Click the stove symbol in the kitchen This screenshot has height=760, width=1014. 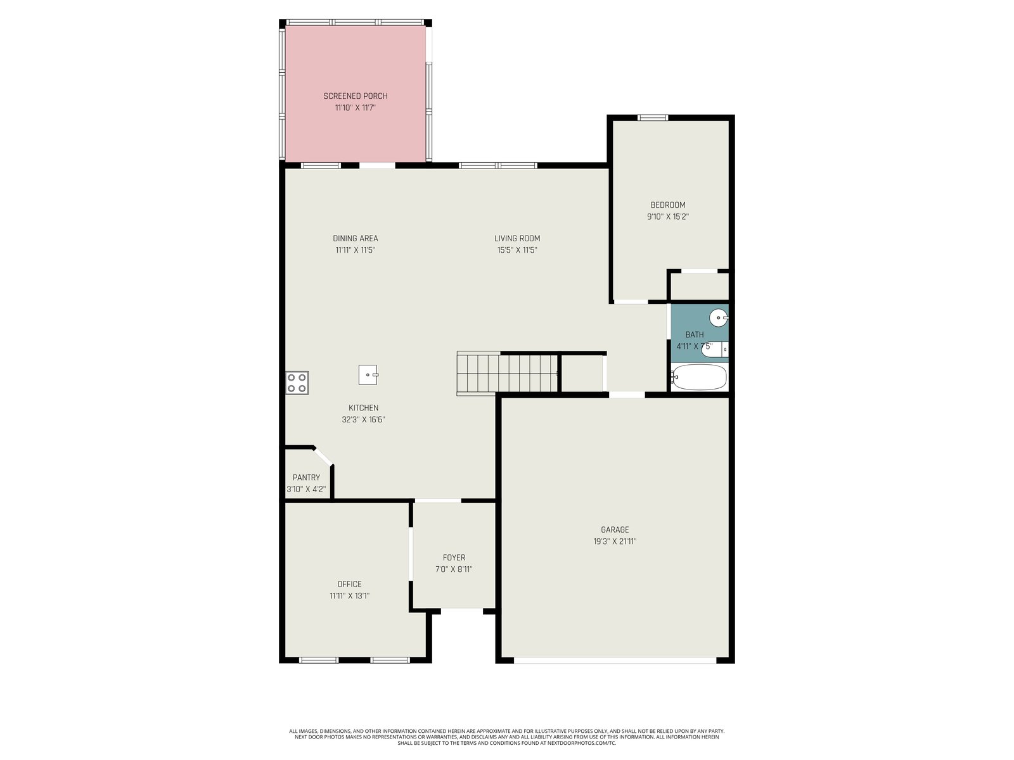(x=297, y=383)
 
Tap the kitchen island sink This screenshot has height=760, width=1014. (x=368, y=375)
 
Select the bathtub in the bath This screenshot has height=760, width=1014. (x=698, y=377)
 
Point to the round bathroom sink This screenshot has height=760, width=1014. (x=719, y=317)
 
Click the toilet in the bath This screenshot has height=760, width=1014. (x=714, y=350)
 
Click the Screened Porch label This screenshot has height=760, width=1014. (x=356, y=96)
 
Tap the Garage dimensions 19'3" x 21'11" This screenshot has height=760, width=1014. (x=615, y=541)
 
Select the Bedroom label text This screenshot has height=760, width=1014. (x=668, y=205)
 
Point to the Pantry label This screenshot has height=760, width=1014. (x=306, y=478)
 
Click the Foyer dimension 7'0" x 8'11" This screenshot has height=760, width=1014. (x=454, y=569)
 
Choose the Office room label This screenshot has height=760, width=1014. (x=349, y=584)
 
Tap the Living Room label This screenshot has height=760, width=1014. (x=517, y=239)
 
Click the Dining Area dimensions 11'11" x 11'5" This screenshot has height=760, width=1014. (x=356, y=250)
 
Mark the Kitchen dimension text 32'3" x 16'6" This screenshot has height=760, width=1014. (x=364, y=419)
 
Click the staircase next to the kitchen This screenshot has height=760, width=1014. (x=507, y=373)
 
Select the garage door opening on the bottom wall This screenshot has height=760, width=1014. (x=615, y=661)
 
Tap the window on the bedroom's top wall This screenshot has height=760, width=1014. (x=652, y=118)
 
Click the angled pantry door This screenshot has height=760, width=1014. (x=323, y=457)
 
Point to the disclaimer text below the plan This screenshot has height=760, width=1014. (x=507, y=737)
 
